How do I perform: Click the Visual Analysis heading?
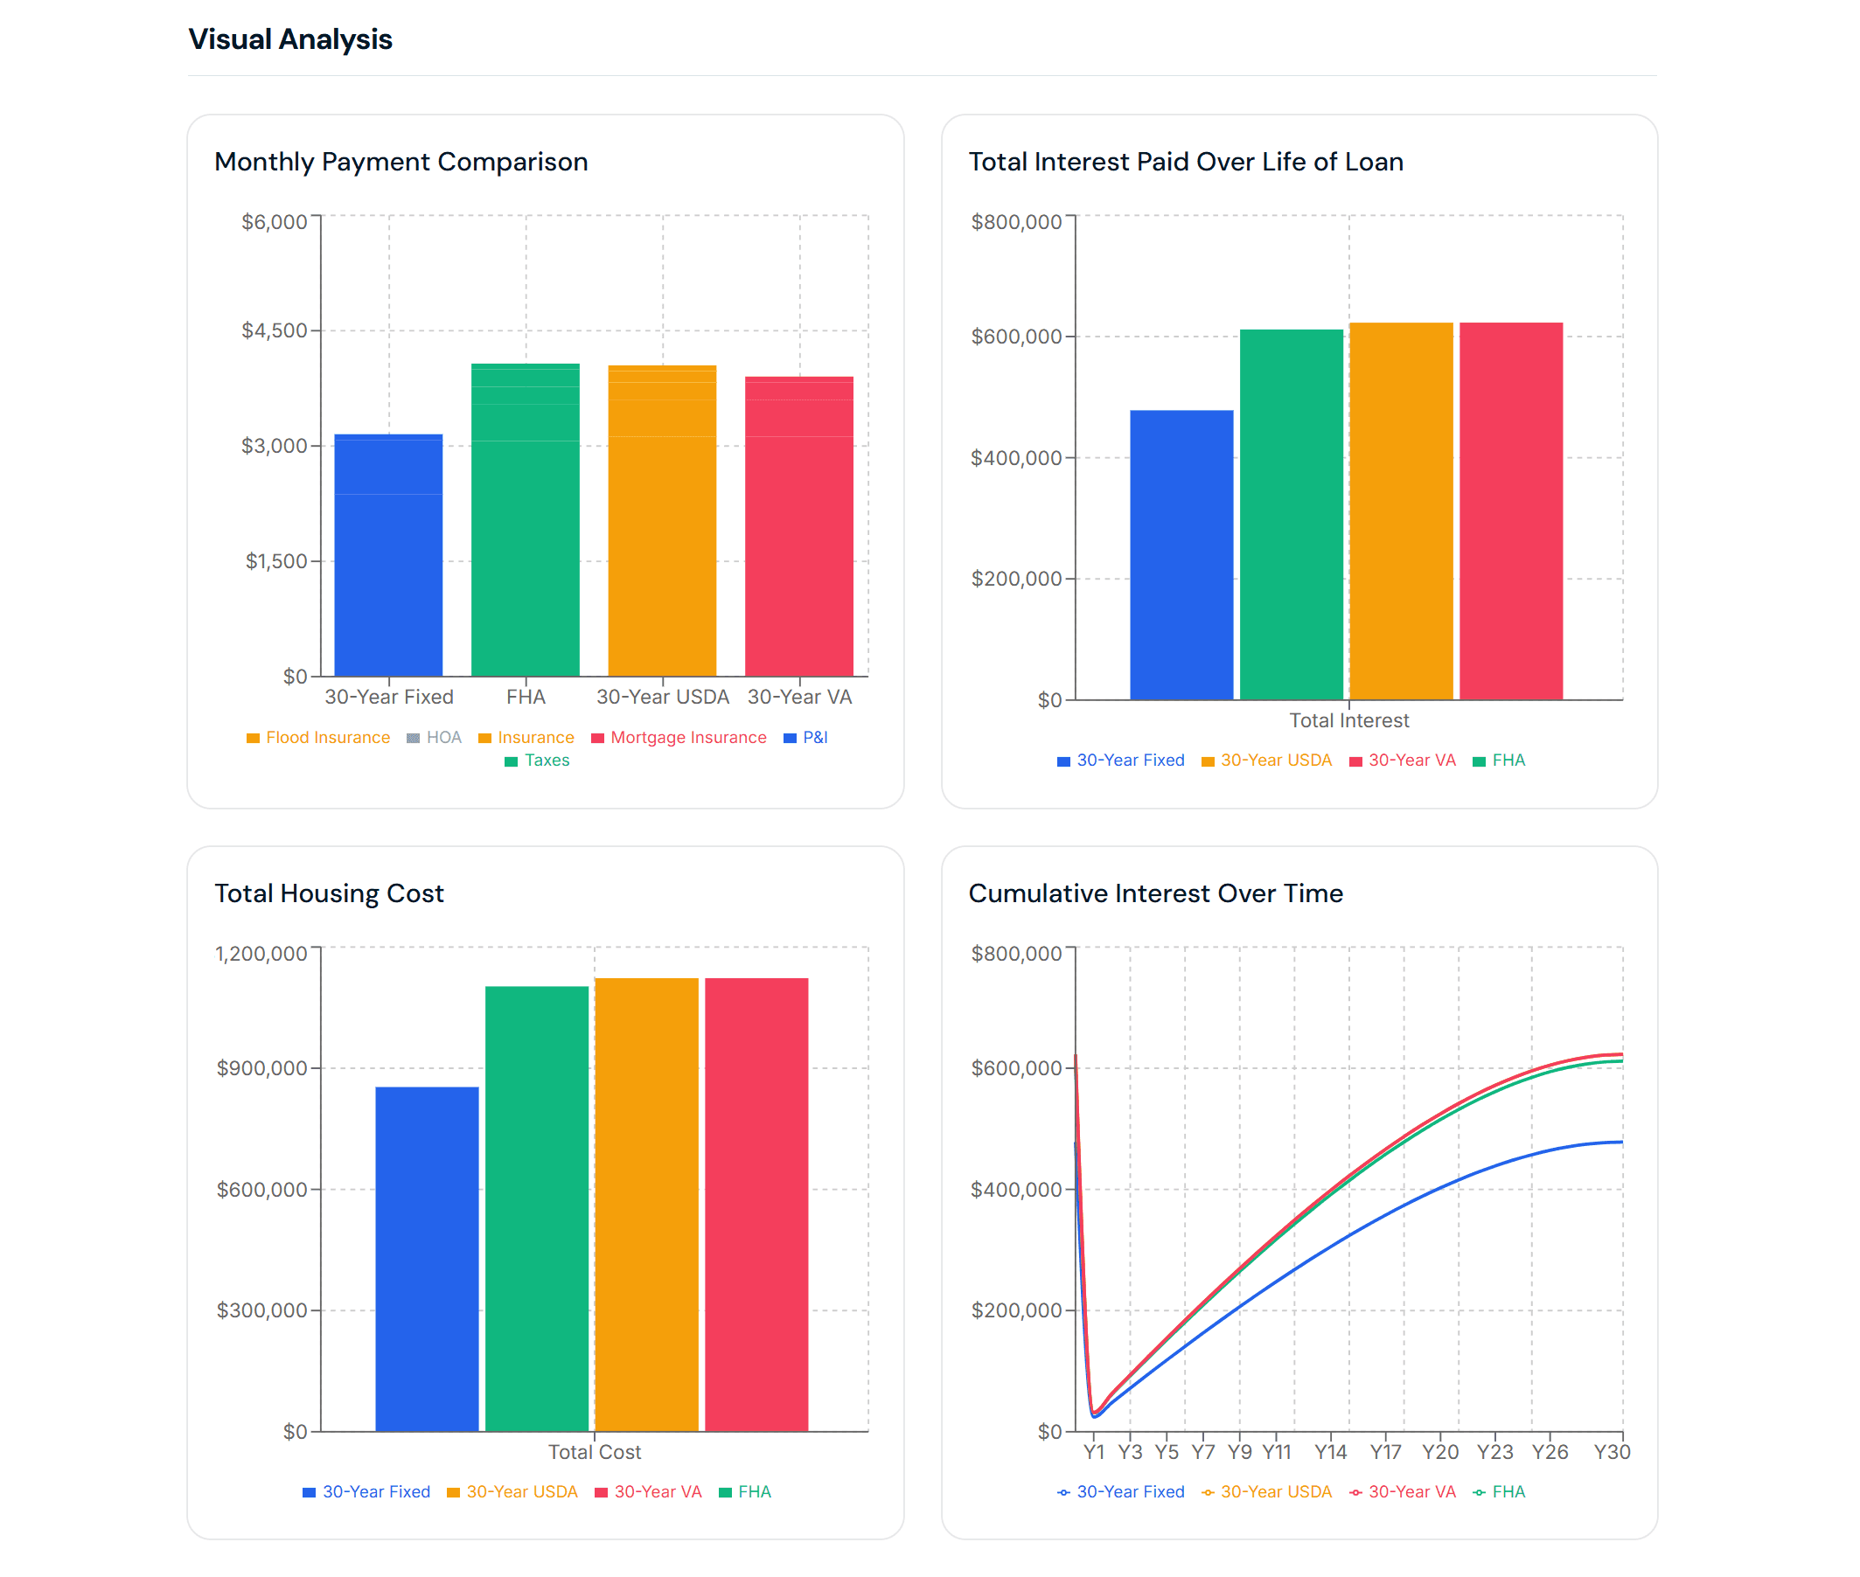tap(289, 39)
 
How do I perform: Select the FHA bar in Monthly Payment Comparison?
tap(525, 518)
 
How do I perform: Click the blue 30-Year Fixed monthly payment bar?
tap(388, 554)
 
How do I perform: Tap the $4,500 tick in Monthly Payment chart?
tap(274, 330)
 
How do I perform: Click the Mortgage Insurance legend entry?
tap(686, 738)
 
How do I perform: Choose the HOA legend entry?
tap(442, 738)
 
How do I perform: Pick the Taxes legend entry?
tap(546, 761)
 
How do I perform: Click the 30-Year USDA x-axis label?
tap(662, 698)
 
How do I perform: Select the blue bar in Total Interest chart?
tap(1181, 554)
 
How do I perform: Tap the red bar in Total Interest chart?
tap(1510, 510)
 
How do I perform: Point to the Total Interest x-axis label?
tap(1348, 720)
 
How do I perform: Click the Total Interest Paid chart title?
tap(1185, 162)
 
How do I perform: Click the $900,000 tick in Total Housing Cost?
tap(262, 1068)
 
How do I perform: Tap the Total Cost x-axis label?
tap(595, 1453)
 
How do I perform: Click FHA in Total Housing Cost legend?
tap(753, 1492)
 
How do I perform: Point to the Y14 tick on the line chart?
tap(1330, 1453)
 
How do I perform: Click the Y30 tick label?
tap(1612, 1453)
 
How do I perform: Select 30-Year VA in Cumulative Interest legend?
tap(1411, 1492)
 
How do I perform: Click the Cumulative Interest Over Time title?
tap(1155, 894)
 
